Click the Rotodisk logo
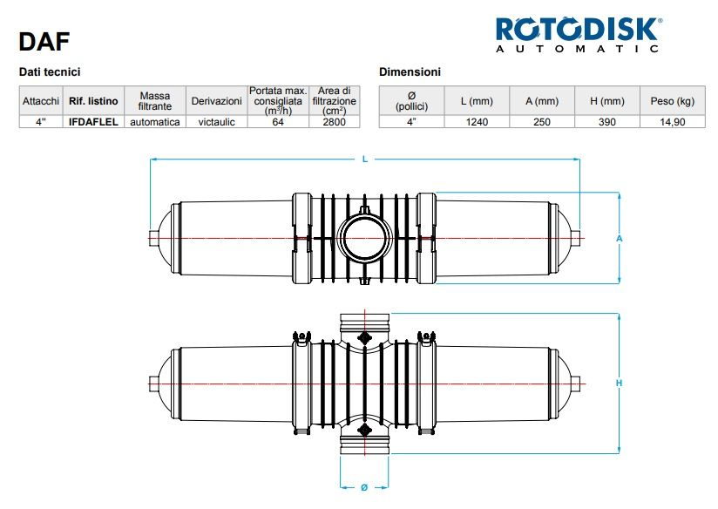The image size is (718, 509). pos(578,36)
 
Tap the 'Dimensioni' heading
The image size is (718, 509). pos(410,71)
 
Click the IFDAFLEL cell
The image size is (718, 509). pos(93,122)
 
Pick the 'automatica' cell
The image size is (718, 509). pos(154,122)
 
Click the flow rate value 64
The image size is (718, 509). pos(279,122)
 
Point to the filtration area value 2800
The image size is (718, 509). pos(334,122)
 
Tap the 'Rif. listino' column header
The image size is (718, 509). pos(93,101)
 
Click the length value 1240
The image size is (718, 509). pos(477,122)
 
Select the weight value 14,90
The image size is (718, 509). pos(672,122)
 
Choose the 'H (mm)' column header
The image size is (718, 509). pos(607,101)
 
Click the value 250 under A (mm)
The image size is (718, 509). pos(542,122)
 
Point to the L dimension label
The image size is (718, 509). pos(365,159)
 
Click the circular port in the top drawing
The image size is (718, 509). pos(364,237)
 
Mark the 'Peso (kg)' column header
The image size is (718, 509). pos(672,101)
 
